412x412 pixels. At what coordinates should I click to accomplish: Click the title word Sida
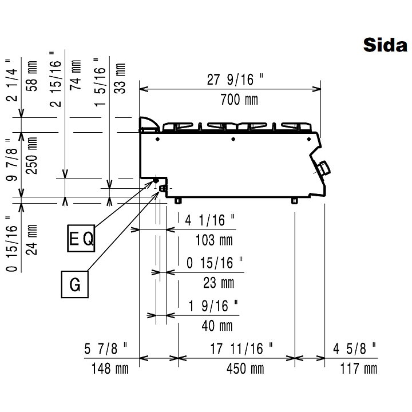coord(385,45)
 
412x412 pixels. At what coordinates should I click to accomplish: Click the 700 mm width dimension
coord(239,100)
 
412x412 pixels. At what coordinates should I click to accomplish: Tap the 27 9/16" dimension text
coord(235,80)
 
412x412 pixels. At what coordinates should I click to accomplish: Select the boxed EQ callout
coord(81,238)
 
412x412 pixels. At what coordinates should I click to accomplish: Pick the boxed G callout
coord(75,284)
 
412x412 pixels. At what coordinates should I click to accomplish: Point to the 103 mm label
coord(214,240)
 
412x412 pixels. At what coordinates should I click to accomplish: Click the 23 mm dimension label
coord(219,283)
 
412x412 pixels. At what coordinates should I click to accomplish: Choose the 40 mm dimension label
coord(217,326)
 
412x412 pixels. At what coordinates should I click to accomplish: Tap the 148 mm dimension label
coord(110,369)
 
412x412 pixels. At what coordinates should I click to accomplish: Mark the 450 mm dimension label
coord(245,369)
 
